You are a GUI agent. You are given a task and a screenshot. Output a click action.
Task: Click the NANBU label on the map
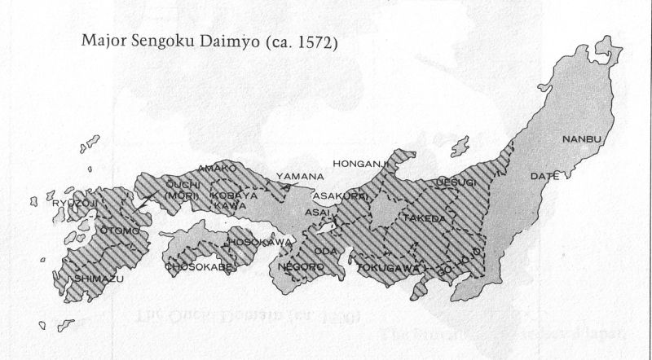click(581, 139)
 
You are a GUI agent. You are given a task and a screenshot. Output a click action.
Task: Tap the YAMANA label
click(299, 176)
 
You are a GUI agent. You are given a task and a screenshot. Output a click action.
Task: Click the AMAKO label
click(218, 168)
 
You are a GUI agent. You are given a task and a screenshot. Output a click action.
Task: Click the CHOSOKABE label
click(200, 266)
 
